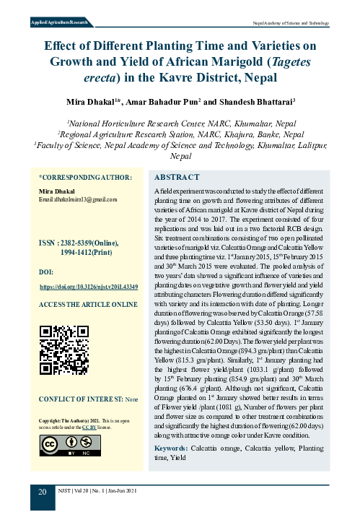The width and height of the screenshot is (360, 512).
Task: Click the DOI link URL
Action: click(x=88, y=287)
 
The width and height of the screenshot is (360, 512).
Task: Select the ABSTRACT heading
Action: click(x=177, y=177)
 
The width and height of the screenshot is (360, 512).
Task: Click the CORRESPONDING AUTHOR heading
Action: click(x=85, y=178)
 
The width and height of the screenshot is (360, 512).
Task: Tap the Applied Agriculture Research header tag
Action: click(x=53, y=24)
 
